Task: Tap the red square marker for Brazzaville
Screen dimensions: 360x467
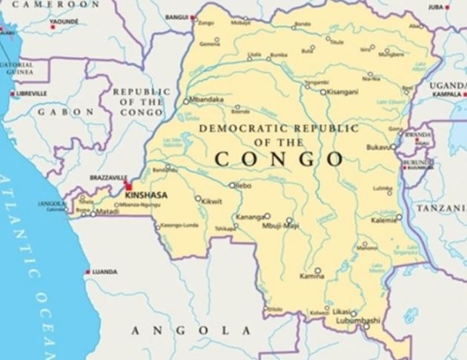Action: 127,184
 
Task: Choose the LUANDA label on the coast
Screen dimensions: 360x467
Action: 105,272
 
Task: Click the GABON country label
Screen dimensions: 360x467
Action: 67,111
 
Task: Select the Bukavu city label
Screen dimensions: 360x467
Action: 379,147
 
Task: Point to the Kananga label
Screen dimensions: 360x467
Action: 248,217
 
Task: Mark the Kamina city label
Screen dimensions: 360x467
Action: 312,276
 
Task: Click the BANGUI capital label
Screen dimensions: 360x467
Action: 176,16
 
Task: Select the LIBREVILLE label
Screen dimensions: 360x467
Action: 32,93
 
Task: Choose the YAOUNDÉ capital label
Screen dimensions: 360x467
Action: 64,22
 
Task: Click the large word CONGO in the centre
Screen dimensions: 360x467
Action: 279,159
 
